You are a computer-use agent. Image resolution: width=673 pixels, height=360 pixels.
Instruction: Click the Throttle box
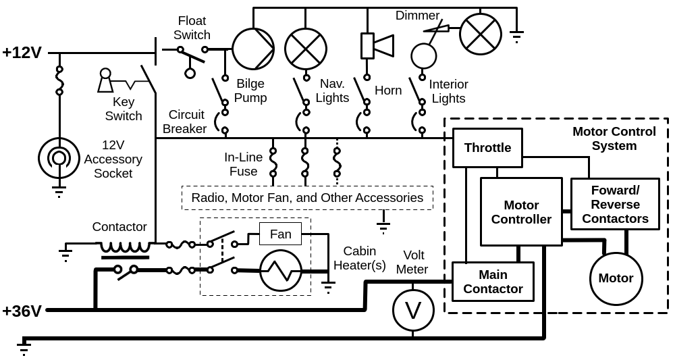(487, 148)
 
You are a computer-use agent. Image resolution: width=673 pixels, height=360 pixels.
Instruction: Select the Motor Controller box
(521, 212)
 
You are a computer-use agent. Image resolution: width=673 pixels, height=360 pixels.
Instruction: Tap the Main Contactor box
(493, 282)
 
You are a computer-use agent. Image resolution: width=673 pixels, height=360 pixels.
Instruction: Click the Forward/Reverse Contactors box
(615, 204)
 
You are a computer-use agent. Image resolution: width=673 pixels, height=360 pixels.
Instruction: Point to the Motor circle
(616, 278)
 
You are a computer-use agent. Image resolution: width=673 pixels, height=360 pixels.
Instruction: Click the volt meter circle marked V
(413, 311)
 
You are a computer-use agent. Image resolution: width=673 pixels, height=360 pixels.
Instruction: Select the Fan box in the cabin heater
(280, 234)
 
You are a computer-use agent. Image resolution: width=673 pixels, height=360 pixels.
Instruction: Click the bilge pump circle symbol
(253, 49)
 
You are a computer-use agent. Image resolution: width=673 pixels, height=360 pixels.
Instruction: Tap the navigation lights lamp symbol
(306, 49)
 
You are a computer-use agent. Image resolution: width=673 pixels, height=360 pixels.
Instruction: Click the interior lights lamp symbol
(481, 34)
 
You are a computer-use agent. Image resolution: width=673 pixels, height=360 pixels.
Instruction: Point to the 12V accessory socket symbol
(59, 158)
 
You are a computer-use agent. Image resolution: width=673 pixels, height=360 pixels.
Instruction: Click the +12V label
(22, 53)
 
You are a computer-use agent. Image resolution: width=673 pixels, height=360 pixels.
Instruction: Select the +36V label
(22, 311)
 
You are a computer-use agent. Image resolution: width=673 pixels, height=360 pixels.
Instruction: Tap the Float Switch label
(192, 28)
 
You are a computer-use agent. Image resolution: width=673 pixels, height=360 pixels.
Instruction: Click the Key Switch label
(124, 109)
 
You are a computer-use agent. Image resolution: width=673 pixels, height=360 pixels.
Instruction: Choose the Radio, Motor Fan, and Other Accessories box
(307, 198)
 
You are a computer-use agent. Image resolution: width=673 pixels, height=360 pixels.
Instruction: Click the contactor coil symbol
(125, 247)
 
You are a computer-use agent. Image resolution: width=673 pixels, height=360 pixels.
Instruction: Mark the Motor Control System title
(614, 138)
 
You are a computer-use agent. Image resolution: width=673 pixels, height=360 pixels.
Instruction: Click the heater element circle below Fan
(280, 271)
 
